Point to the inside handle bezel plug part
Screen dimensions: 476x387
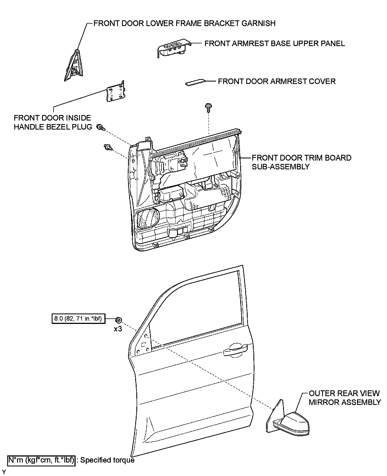[115, 92]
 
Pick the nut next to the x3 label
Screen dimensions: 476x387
[118, 320]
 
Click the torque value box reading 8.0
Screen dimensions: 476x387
[78, 319]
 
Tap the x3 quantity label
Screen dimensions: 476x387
[118, 329]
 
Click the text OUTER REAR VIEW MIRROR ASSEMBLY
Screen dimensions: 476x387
[345, 398]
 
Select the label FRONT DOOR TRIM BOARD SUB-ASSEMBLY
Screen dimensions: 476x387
[302, 162]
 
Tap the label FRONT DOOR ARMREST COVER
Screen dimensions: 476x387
[277, 82]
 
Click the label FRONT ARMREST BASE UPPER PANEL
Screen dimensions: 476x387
[275, 44]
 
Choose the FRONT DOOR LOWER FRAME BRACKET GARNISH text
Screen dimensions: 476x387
[184, 23]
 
